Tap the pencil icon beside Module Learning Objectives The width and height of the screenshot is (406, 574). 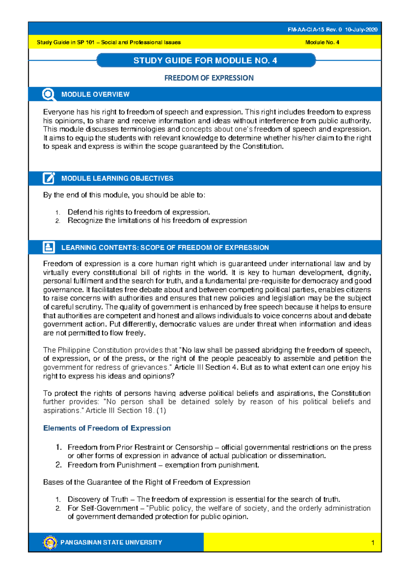point(49,178)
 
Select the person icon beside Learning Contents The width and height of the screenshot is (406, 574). point(49,247)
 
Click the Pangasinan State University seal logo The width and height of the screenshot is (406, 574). point(50,542)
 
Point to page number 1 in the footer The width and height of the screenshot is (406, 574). point(373,543)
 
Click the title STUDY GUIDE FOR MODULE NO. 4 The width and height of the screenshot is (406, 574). point(205,61)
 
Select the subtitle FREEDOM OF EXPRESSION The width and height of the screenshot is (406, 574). point(209,78)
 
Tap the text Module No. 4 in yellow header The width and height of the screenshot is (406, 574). point(322,43)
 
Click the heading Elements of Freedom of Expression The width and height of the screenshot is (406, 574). point(107,428)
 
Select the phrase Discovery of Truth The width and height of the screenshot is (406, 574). point(98,499)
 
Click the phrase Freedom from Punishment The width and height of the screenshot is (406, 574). point(112,465)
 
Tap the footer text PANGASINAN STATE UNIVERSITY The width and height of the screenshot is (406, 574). point(111,543)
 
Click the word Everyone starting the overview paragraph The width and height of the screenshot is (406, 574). point(59,112)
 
